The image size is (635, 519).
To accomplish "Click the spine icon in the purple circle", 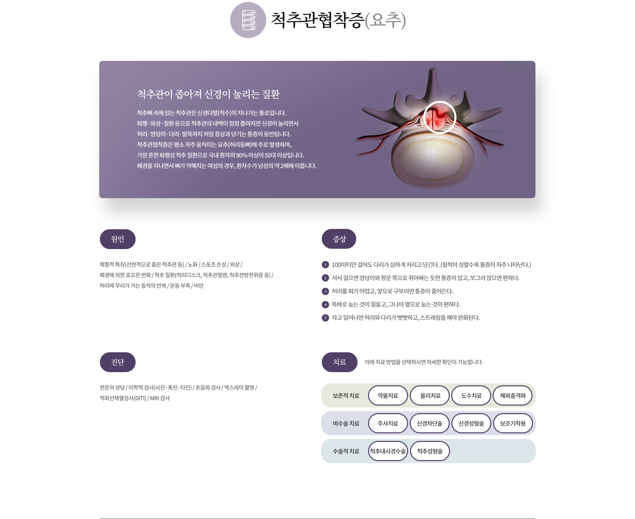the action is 249,20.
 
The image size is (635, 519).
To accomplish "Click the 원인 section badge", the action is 118,239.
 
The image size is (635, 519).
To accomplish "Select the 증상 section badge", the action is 339,239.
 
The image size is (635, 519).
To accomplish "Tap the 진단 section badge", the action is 118,362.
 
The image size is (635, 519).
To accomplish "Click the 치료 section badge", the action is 340,362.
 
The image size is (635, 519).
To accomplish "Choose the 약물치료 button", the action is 388,396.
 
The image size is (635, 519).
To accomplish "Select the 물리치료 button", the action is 430,396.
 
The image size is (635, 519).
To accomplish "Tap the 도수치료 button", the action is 471,396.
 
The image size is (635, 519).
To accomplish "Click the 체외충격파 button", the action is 513,396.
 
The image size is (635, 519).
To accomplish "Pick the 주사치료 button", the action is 388,423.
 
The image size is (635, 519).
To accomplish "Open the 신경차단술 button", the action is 430,423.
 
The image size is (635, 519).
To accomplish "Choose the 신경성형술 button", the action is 471,423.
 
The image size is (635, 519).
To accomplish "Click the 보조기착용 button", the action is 513,423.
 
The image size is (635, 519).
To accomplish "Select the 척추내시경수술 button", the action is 388,451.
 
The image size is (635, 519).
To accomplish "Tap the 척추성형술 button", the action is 430,451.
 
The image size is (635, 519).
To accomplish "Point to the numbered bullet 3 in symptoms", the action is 325,291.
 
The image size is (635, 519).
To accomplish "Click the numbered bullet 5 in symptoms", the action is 325,318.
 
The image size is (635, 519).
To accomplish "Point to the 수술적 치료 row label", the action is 346,451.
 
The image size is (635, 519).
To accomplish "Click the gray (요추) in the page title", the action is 385,20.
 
